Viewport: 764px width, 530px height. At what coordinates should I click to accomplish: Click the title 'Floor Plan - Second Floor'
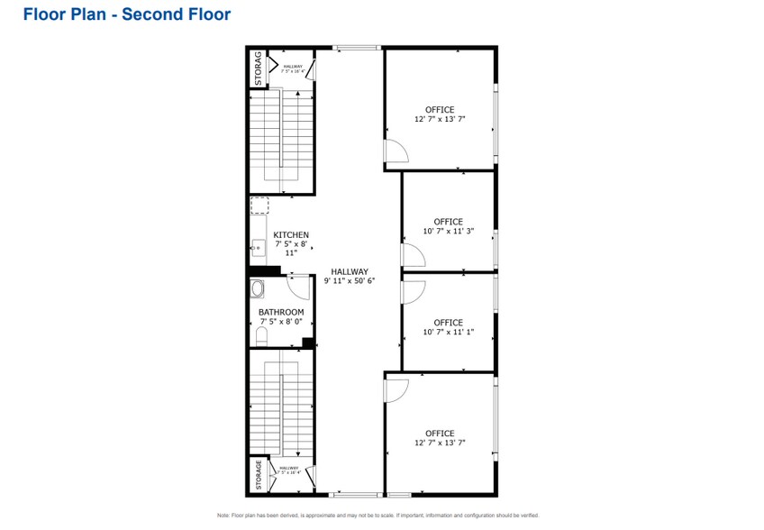[x=126, y=14]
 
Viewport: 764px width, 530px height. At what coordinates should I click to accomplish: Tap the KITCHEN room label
[x=291, y=234]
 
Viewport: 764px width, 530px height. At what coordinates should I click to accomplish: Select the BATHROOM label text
[x=281, y=312]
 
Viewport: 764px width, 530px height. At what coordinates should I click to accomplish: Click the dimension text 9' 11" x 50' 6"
[x=349, y=281]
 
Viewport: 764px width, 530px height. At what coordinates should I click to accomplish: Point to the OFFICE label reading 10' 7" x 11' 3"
[x=448, y=222]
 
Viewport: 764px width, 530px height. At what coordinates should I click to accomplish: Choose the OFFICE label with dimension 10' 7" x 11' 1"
[x=448, y=323]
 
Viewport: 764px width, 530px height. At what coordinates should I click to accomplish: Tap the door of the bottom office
[x=396, y=388]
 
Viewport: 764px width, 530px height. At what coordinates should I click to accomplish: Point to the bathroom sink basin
[x=259, y=290]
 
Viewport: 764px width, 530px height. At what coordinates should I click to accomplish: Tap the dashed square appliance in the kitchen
[x=259, y=206]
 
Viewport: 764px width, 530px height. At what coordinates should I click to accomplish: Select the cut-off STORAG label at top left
[x=258, y=68]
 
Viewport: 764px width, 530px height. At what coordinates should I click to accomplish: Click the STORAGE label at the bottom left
[x=258, y=475]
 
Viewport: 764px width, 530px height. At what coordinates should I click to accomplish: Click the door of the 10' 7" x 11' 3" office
[x=413, y=258]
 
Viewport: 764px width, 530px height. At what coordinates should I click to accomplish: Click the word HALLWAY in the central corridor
[x=349, y=271]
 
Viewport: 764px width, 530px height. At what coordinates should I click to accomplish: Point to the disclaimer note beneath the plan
[x=377, y=515]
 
